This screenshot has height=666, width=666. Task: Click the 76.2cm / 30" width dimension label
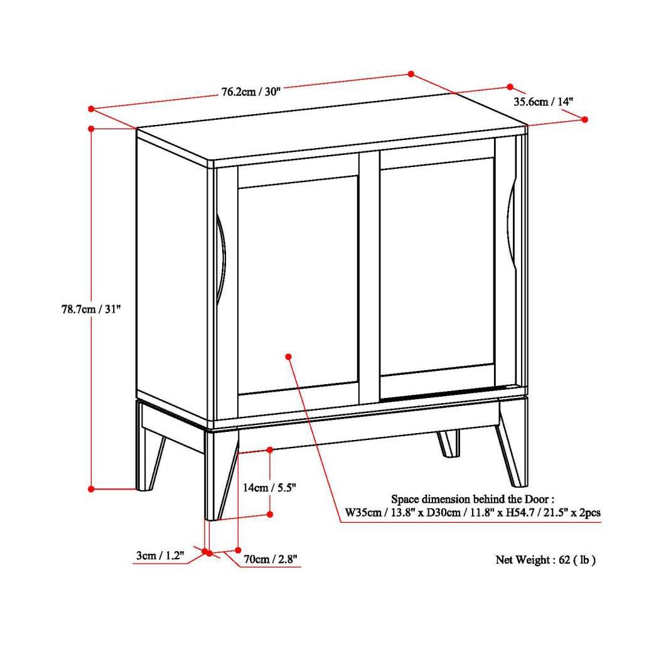coord(250,92)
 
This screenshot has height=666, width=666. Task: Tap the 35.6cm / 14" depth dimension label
coord(544,101)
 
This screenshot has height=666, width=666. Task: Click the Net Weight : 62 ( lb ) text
coord(545,560)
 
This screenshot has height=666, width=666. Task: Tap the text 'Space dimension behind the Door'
coord(472,499)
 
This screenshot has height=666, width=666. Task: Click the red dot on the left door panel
coord(288,357)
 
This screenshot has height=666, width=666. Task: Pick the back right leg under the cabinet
coord(448,443)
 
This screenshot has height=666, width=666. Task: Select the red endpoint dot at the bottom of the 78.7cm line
coord(91,488)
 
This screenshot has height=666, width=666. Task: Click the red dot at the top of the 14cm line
coord(270,449)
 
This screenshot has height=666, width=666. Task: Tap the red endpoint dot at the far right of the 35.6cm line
coord(585,119)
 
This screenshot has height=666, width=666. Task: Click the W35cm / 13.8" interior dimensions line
coord(472,513)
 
